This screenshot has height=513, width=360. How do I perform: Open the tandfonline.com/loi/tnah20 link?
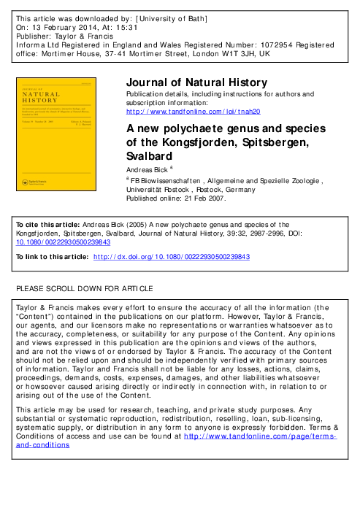pyautogui.click(x=193, y=111)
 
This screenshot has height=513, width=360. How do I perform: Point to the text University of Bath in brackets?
pyautogui.click(x=172, y=15)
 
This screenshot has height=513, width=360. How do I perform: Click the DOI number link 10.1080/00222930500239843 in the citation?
pyautogui.click(x=58, y=242)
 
